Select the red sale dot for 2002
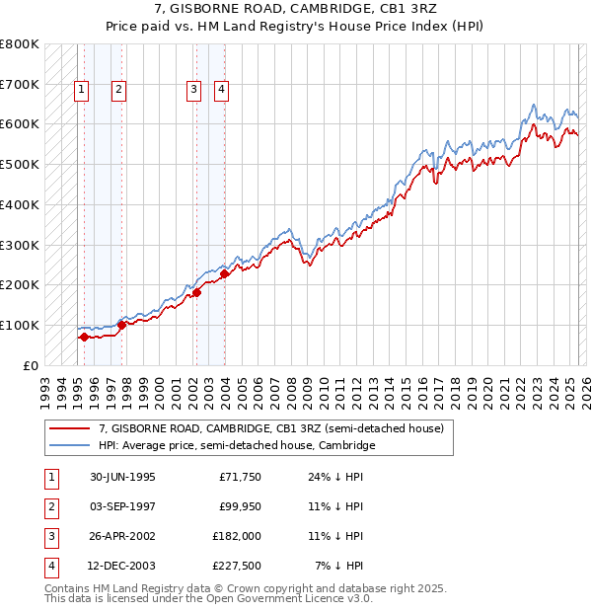pyautogui.click(x=196, y=292)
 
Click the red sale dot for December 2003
pyautogui.click(x=224, y=274)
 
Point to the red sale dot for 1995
pyautogui.click(x=84, y=337)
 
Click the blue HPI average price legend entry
pyautogui.click(x=237, y=445)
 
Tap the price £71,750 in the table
pyautogui.click(x=240, y=477)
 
